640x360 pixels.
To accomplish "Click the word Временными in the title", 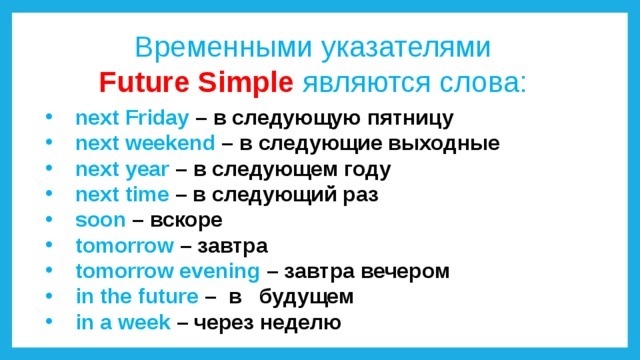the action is [223, 47].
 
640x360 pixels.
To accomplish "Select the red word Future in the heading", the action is [144, 82].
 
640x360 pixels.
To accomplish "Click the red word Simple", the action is [246, 83].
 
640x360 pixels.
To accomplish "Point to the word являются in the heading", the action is [366, 83].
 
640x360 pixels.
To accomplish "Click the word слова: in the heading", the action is [482, 83].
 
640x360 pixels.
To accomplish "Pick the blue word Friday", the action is [157, 118].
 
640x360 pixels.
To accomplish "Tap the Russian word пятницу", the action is [411, 119].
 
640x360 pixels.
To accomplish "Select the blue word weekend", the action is [170, 143].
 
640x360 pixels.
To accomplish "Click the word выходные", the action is [444, 144].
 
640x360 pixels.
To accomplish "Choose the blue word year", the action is [147, 170].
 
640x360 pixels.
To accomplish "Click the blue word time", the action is [147, 195].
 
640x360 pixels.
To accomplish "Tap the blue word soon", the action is [100, 221].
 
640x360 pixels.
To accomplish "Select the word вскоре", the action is [187, 221].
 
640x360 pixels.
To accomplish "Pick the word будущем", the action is [307, 297].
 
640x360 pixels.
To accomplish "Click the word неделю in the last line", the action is [301, 323].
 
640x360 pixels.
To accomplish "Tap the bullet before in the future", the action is [49, 296].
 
